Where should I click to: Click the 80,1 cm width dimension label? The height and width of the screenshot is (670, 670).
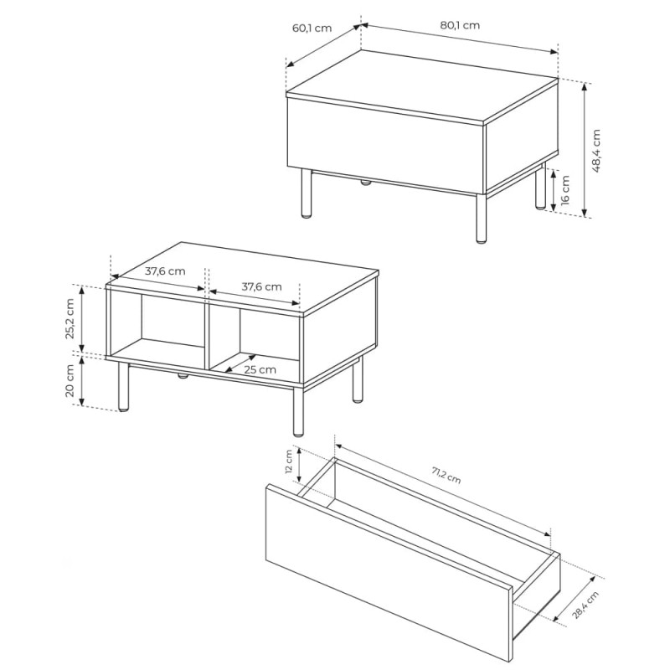click(x=460, y=25)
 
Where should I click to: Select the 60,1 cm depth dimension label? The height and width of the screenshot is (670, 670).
click(x=312, y=28)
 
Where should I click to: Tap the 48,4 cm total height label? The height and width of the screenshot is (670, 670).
click(x=596, y=151)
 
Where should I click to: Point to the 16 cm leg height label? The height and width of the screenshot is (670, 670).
click(x=564, y=190)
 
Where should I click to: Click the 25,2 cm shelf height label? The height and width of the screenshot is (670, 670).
click(x=70, y=318)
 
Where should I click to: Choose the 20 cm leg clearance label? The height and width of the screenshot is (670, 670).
click(x=70, y=381)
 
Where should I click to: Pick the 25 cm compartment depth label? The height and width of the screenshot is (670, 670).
click(x=260, y=369)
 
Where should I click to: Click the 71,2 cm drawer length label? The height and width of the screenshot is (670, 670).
click(x=446, y=475)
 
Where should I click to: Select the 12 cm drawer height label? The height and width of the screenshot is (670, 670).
click(x=289, y=461)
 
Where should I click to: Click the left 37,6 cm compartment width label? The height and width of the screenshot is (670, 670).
click(x=165, y=271)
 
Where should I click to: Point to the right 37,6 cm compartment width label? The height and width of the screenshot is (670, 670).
click(x=261, y=286)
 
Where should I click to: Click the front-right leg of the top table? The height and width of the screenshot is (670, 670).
click(x=481, y=219)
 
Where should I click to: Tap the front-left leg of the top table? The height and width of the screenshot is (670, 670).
click(x=306, y=193)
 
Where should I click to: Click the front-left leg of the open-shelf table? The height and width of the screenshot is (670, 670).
click(x=123, y=387)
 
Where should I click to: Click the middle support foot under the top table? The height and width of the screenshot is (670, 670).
click(x=366, y=183)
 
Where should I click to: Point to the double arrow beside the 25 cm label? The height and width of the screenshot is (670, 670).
click(x=240, y=363)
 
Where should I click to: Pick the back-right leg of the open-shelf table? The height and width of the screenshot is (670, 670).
click(x=358, y=379)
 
